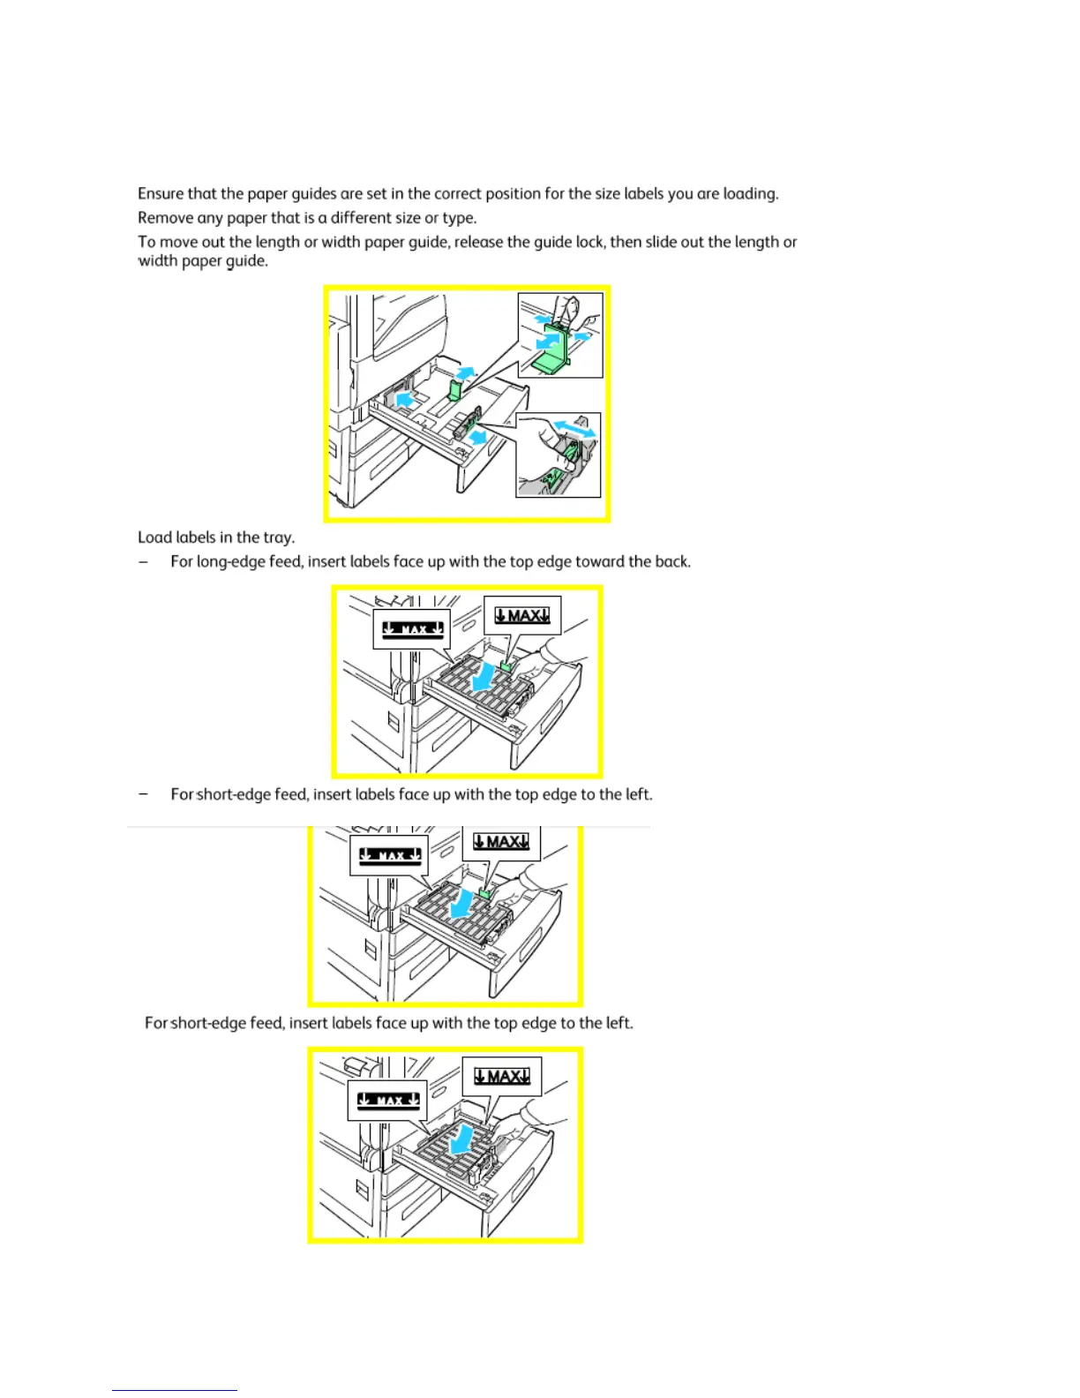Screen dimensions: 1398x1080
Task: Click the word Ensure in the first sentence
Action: tap(160, 193)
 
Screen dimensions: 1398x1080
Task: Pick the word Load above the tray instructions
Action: tap(154, 537)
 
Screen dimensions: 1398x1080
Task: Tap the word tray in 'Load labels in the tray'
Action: tap(278, 537)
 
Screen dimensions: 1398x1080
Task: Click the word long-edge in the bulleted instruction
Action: tap(233, 562)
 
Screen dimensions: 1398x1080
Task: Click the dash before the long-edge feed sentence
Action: tap(143, 562)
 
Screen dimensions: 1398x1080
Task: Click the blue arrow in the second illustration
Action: tap(481, 680)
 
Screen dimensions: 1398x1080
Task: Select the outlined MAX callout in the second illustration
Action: tap(522, 616)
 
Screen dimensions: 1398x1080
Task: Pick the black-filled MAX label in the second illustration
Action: tap(412, 629)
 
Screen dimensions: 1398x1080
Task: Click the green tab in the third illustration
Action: tap(484, 894)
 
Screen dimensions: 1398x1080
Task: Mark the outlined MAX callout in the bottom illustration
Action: tap(501, 1077)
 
